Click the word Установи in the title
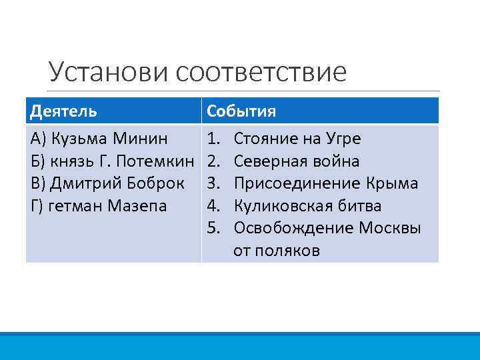(x=109, y=71)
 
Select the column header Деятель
(x=63, y=111)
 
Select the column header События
(x=241, y=111)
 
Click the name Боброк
(x=153, y=183)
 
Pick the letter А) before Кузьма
(x=38, y=139)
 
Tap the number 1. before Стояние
(x=214, y=139)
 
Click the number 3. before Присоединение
(x=214, y=183)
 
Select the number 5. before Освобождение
(x=214, y=228)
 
